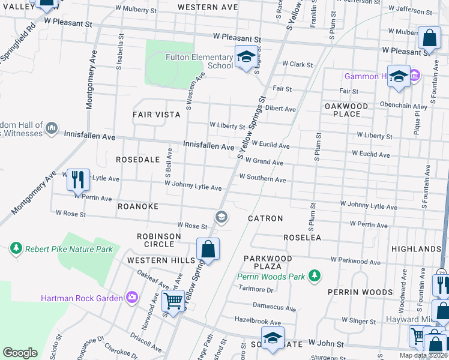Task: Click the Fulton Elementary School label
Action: coord(199,61)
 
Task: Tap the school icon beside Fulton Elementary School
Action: coord(246,57)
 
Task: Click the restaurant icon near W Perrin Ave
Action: coord(78,179)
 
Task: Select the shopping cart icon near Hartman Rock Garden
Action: coord(173,302)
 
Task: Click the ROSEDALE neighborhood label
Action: coord(137,160)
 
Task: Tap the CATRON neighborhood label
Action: coord(265,218)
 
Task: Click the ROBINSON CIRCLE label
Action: coord(158,241)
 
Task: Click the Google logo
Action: coord(20,352)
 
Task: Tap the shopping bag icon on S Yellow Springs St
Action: coord(208,250)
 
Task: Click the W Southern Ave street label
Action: coord(262,178)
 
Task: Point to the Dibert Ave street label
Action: coord(281,109)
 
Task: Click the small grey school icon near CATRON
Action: coord(221,217)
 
